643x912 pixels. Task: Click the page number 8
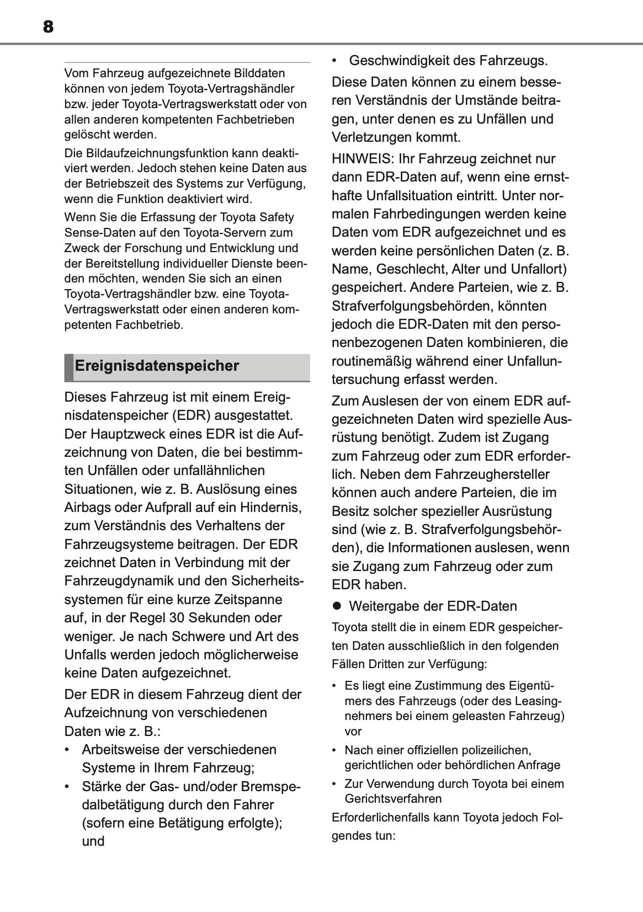48,26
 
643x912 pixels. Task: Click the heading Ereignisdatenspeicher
157,366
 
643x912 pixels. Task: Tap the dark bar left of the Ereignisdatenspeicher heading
68,367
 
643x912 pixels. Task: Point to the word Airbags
87,508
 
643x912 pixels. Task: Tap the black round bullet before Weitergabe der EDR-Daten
337,606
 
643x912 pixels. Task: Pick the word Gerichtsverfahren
393,799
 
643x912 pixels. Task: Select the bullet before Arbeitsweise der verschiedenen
67,750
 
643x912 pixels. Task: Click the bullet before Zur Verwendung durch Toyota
334,784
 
